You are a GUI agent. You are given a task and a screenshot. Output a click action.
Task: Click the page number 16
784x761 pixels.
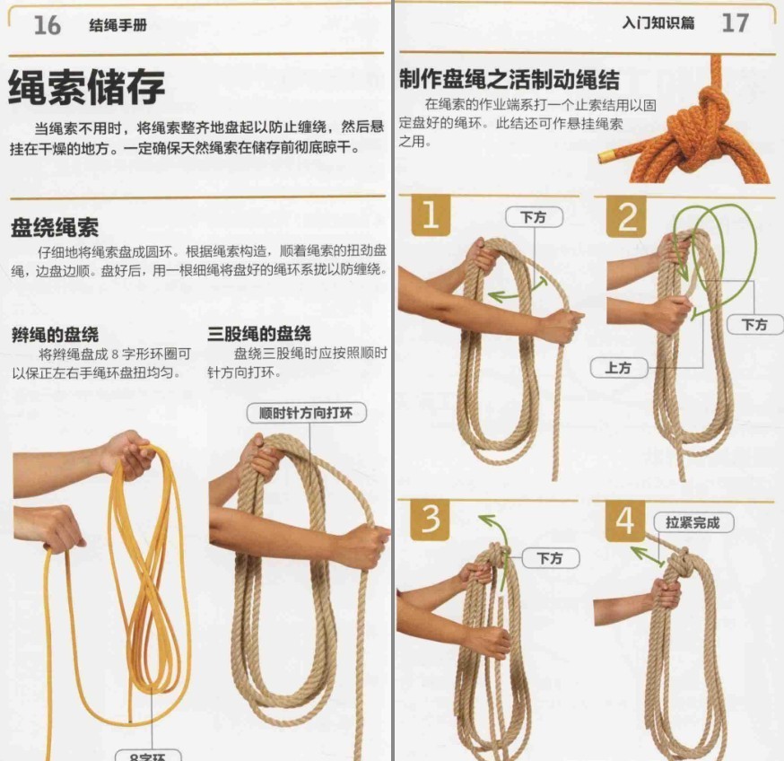[47, 25]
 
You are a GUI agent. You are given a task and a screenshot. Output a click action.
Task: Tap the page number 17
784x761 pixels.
[735, 23]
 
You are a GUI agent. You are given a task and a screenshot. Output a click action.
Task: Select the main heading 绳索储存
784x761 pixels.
[87, 88]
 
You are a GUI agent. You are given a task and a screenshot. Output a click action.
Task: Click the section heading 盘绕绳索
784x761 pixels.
[55, 227]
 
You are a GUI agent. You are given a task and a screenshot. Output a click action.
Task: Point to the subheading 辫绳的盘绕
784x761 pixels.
[55, 334]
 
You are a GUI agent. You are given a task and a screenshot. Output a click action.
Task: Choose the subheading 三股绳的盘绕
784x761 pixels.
[259, 334]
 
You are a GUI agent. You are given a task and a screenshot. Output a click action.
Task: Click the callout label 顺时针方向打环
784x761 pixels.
[305, 414]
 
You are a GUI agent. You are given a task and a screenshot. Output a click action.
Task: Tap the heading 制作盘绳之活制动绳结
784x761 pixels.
[509, 79]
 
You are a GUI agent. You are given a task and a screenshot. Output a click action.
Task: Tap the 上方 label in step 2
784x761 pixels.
[618, 368]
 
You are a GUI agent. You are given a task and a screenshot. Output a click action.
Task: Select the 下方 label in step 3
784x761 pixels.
[550, 558]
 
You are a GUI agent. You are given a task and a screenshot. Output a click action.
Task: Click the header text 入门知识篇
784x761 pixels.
[658, 23]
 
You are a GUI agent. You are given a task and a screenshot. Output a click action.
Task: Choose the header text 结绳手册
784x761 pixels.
[118, 26]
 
